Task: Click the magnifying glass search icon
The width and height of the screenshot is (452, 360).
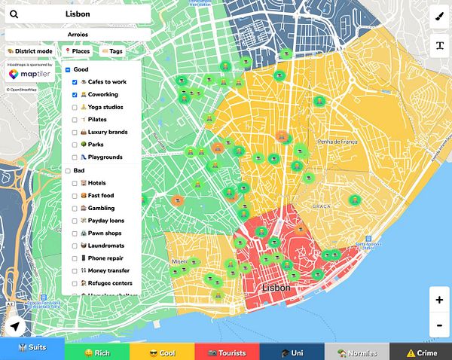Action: (14, 14)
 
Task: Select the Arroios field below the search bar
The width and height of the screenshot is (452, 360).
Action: (78, 35)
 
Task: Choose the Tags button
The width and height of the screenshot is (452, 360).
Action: (112, 51)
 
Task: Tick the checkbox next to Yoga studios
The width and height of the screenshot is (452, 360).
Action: (74, 107)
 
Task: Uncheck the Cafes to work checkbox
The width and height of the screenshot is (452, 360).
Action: (74, 81)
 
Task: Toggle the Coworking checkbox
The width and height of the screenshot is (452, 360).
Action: (74, 95)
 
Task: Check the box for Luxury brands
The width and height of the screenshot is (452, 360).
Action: (74, 133)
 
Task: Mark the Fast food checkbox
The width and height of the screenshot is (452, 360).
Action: (74, 196)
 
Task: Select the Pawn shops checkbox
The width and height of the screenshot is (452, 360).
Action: (74, 233)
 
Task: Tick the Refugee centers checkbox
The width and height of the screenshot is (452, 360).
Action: (74, 283)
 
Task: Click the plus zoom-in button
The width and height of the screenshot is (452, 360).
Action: (439, 299)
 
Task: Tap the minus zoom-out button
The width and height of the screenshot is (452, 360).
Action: (439, 325)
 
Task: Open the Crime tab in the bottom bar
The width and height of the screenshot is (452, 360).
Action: (420, 352)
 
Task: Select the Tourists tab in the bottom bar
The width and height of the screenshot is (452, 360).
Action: (226, 352)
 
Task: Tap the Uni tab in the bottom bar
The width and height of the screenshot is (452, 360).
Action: (292, 352)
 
